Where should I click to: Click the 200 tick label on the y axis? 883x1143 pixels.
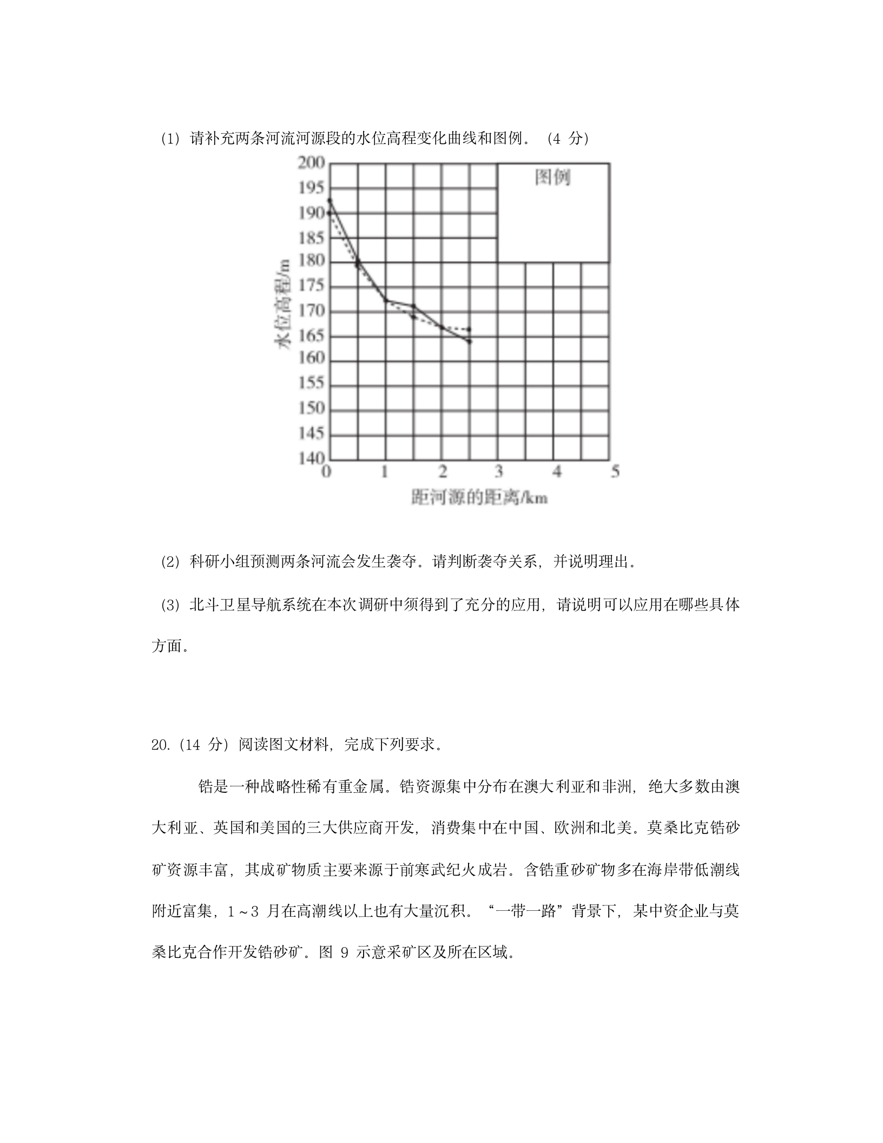tap(311, 163)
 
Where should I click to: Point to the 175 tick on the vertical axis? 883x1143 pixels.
tap(311, 286)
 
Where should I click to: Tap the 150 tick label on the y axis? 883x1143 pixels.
tap(311, 408)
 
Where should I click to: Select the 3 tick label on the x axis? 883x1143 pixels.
tap(498, 471)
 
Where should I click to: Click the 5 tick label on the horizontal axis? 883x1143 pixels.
tap(615, 471)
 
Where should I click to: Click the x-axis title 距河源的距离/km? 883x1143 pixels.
tap(479, 497)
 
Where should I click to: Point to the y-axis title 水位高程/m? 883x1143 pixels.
tap(283, 305)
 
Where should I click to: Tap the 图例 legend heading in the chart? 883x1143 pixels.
tap(552, 177)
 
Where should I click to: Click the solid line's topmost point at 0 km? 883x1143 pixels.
tap(330, 200)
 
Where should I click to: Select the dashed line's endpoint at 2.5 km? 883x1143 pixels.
tap(469, 329)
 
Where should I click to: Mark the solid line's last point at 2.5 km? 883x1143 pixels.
tap(470, 341)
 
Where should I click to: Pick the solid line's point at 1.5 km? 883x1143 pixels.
tap(413, 306)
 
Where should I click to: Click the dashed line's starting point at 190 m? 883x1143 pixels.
tap(329, 213)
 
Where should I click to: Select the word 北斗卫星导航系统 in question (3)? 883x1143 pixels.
tap(250, 605)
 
